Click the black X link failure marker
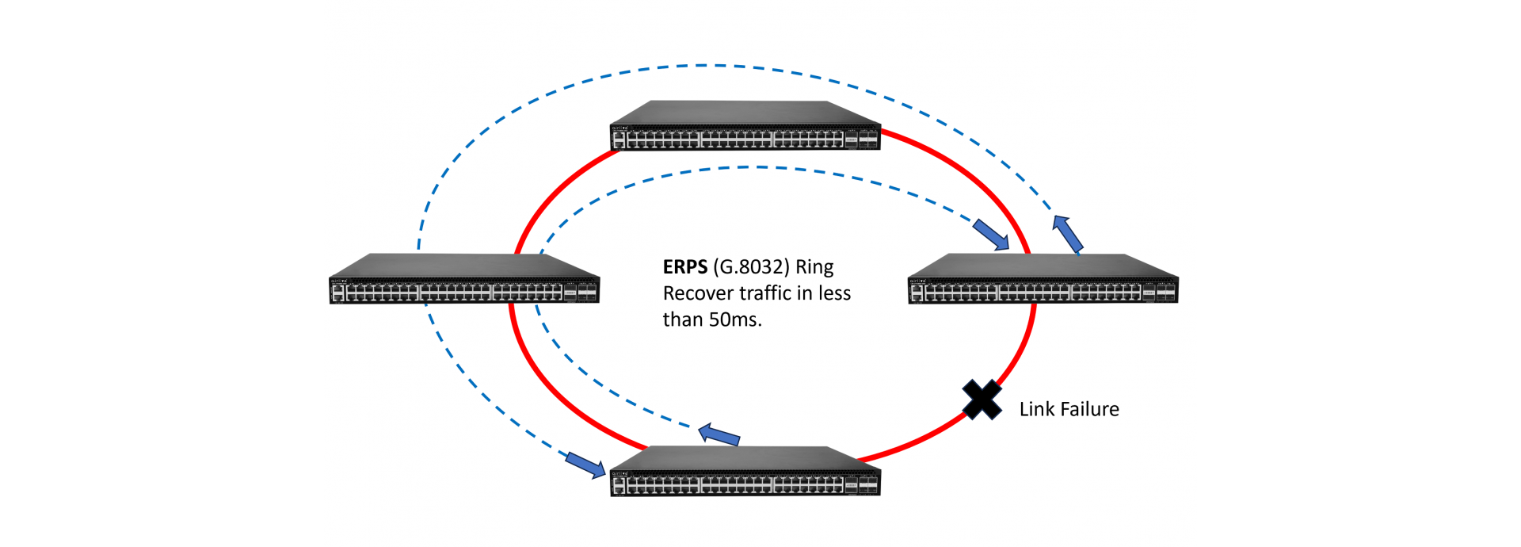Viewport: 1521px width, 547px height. coord(982,400)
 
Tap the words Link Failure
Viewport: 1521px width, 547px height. coord(1069,409)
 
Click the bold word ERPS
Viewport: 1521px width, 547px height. coord(684,267)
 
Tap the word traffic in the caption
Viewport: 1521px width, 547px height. coord(765,293)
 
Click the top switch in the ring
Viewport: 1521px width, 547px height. coord(745,127)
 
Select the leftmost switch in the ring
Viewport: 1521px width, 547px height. coord(463,280)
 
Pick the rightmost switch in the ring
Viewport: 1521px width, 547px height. coord(1043,280)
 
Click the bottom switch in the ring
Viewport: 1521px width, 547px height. coord(745,472)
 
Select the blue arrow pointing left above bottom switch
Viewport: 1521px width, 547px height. coord(719,434)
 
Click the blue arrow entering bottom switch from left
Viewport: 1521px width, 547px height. coord(585,465)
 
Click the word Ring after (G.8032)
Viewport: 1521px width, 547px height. coord(814,267)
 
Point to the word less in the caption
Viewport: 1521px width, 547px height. coord(834,293)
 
